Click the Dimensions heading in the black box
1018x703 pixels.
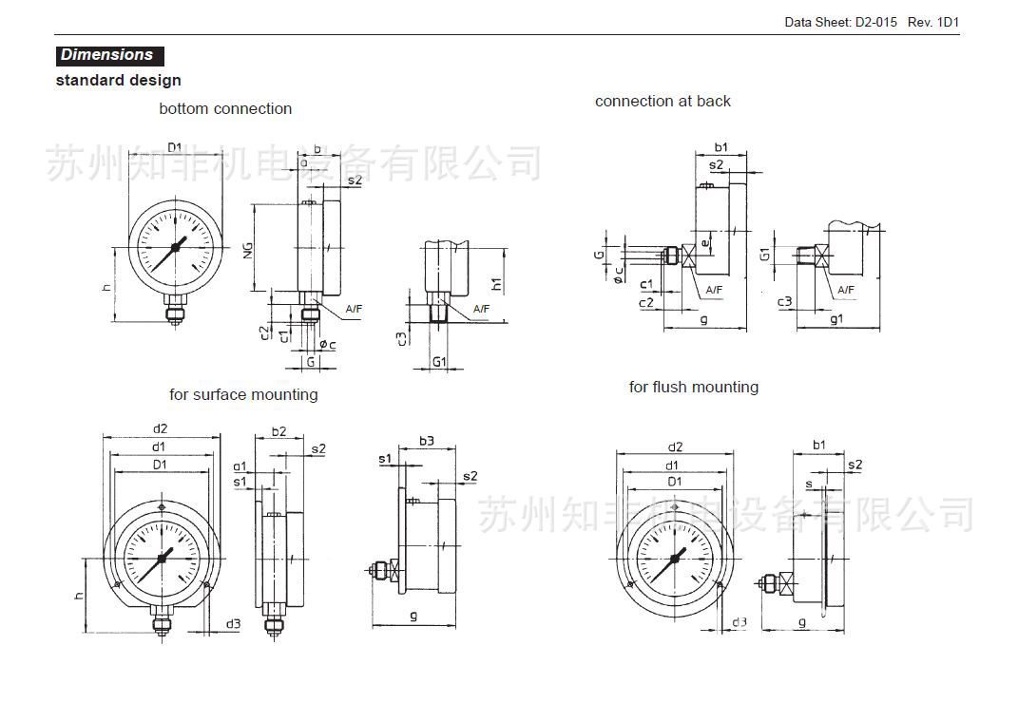click(x=107, y=55)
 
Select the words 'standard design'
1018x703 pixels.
click(x=118, y=81)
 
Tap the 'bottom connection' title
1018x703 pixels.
click(x=225, y=109)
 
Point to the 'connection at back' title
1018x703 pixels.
click(x=663, y=102)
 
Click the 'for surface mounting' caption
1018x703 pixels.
click(x=243, y=395)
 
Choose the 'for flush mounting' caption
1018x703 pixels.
click(x=693, y=388)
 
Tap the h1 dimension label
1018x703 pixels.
click(x=496, y=283)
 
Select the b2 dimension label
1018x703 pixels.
click(x=278, y=431)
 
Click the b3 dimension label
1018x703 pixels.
click(x=427, y=441)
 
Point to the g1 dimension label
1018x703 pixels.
click(x=836, y=319)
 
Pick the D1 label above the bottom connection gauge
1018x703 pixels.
click(x=175, y=146)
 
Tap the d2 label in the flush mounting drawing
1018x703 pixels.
click(x=675, y=446)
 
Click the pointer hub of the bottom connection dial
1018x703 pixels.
click(x=175, y=250)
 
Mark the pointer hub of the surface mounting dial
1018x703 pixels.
click(x=162, y=559)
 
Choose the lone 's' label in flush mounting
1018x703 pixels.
click(x=808, y=484)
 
